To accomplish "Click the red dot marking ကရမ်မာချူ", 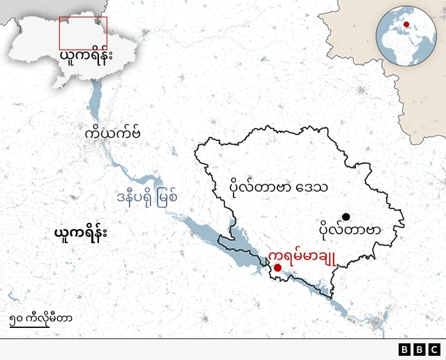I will click(277, 267).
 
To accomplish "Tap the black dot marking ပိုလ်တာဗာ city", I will click(346, 217).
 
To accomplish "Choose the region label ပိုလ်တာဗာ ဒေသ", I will click(279, 187).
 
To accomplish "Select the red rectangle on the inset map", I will click(83, 33).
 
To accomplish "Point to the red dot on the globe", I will click(406, 25).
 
